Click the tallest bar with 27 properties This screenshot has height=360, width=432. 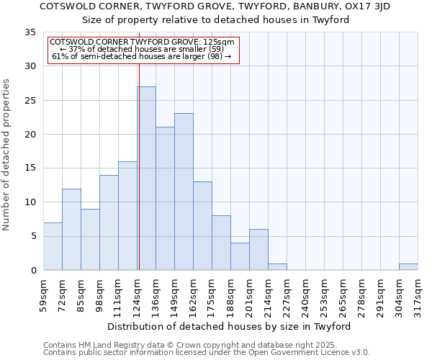click(146, 179)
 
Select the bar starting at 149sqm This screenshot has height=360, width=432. click(184, 192)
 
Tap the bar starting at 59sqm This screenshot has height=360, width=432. click(53, 246)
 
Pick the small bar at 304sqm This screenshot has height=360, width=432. click(408, 267)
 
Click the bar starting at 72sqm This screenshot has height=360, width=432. click(71, 229)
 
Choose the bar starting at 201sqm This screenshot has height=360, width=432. click(258, 250)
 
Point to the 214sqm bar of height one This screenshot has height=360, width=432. click(277, 267)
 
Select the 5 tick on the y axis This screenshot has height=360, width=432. click(33, 237)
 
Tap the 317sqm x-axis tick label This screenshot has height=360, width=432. click(418, 295)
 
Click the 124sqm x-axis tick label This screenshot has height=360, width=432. click(137, 295)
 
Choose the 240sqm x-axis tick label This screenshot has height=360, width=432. click(305, 295)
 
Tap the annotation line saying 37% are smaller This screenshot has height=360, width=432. click(142, 49)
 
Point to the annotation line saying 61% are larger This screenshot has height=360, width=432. click(142, 57)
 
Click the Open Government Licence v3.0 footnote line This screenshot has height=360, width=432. click(206, 352)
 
